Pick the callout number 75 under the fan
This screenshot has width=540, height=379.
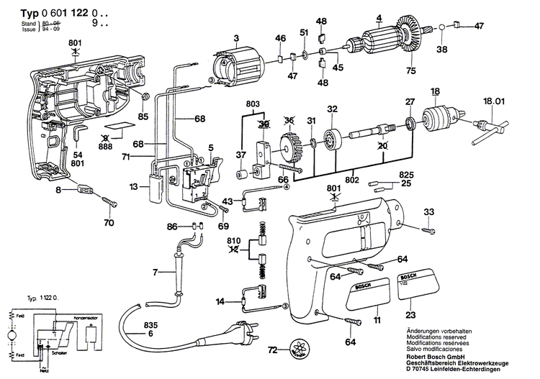[x=410, y=70]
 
